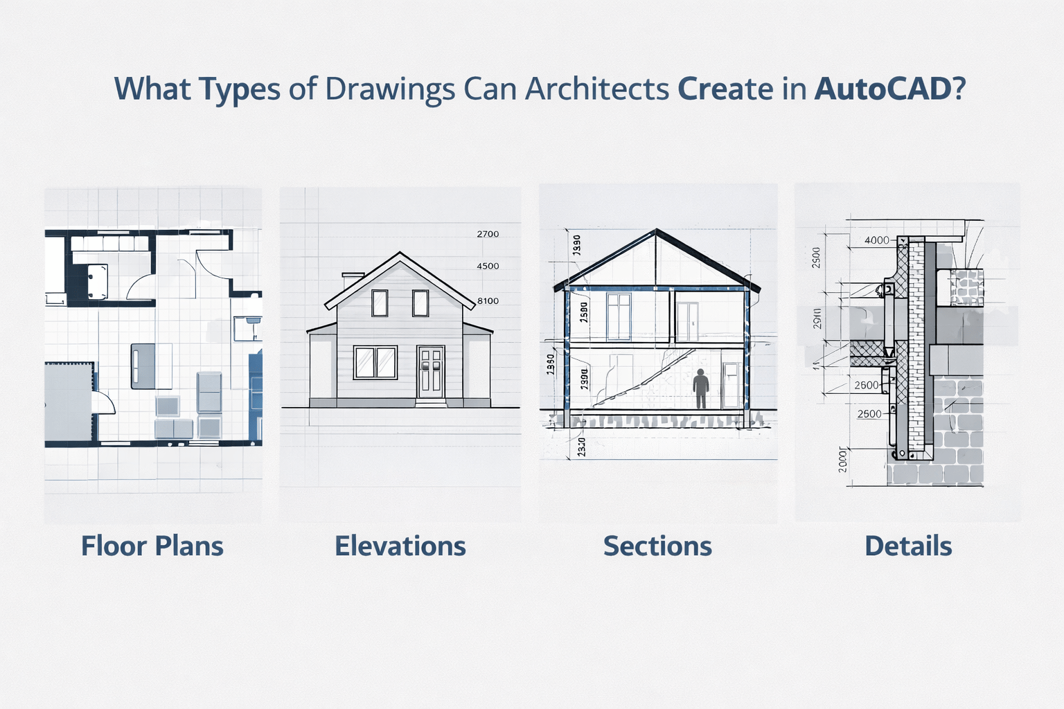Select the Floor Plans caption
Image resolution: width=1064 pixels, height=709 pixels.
click(x=152, y=546)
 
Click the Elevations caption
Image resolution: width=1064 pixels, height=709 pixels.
click(x=400, y=546)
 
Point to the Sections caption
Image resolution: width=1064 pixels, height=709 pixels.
click(x=657, y=546)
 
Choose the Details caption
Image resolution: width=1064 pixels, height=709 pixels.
click(x=908, y=546)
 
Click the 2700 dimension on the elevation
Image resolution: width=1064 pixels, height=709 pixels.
click(x=488, y=234)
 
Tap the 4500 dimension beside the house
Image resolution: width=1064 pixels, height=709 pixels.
click(x=488, y=266)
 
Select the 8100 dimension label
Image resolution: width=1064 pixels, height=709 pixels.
click(x=488, y=301)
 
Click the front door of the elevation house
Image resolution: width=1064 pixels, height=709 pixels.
click(x=430, y=373)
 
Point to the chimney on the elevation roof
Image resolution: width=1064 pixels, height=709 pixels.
click(x=353, y=279)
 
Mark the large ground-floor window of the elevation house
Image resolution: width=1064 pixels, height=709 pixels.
click(x=375, y=362)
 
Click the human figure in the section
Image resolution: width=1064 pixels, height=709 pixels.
click(x=701, y=388)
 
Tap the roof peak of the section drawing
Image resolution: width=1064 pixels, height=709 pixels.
click(x=657, y=231)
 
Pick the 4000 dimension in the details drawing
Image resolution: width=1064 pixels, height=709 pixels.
click(x=877, y=240)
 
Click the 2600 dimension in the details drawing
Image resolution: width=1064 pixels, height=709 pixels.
click(x=867, y=385)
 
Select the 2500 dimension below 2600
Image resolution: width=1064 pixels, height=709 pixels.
click(x=869, y=414)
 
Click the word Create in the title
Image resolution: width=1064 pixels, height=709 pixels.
click(x=725, y=89)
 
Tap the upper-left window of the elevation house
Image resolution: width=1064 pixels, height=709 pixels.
click(x=380, y=303)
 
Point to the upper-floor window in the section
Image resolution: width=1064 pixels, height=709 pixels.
click(x=619, y=316)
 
